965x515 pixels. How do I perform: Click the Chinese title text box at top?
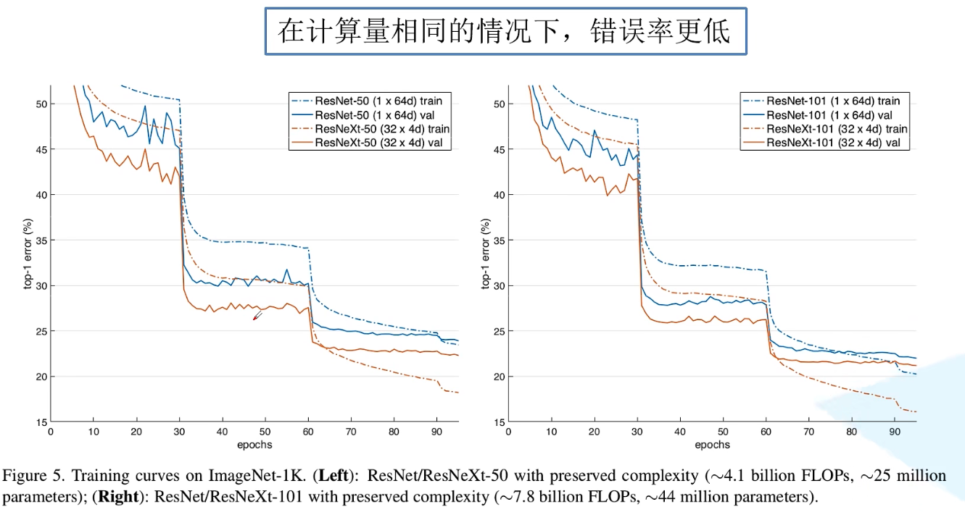[505, 31]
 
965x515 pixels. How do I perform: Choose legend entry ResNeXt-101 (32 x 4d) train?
[837, 129]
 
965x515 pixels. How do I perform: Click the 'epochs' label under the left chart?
[254, 445]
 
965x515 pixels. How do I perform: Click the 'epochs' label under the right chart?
[712, 445]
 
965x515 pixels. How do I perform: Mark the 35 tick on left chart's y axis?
[41, 240]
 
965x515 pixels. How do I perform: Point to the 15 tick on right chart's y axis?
[499, 422]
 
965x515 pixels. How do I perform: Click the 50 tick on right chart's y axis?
[499, 104]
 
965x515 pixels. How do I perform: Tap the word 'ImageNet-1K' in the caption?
[247, 477]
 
